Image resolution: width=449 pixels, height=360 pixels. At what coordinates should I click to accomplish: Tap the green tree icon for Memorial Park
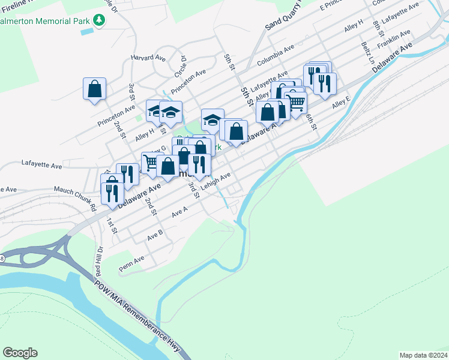(x=100, y=21)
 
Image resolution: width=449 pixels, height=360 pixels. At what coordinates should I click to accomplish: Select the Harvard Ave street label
(x=148, y=58)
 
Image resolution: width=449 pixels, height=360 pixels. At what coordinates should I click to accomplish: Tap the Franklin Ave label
(x=394, y=41)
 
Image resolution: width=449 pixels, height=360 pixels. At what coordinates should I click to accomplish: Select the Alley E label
(x=340, y=103)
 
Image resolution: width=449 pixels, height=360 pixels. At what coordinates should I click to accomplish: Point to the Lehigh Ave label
(x=216, y=181)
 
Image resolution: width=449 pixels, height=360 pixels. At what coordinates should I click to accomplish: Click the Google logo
(x=20, y=353)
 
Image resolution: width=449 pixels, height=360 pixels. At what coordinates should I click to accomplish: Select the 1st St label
(x=111, y=224)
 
